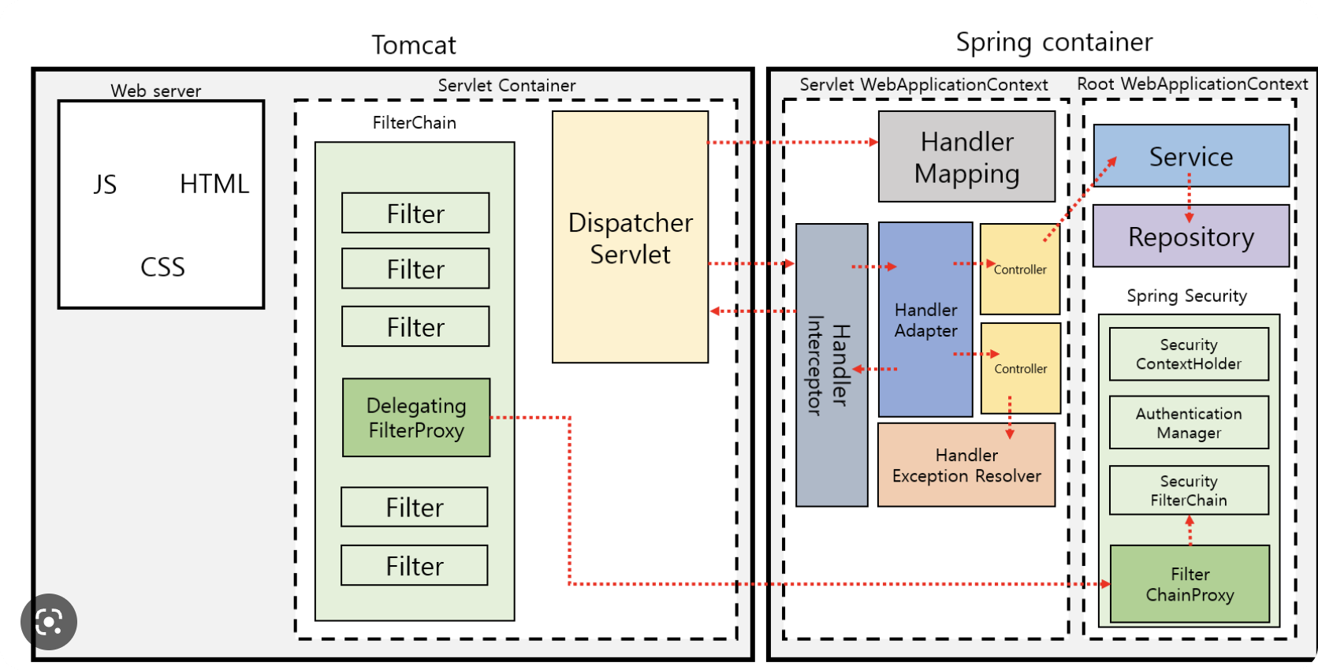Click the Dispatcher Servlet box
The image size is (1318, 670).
tap(630, 237)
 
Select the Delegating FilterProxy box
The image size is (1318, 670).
tap(416, 418)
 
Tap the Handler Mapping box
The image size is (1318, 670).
tap(966, 157)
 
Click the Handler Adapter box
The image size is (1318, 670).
tap(925, 320)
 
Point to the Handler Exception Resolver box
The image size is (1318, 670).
tap(966, 465)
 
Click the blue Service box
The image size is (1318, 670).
tap(1190, 156)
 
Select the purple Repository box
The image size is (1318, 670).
tap(1190, 236)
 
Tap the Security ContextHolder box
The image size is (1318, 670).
tap(1189, 355)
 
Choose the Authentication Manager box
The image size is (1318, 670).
tap(1189, 422)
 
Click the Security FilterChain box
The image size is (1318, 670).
tap(1189, 490)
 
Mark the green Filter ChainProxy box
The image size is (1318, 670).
tap(1190, 584)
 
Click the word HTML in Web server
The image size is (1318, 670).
tap(214, 184)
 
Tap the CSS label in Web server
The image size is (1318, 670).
tap(162, 267)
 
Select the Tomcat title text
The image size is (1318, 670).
tap(414, 45)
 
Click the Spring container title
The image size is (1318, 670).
tap(1054, 42)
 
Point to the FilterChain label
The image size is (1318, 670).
tap(414, 123)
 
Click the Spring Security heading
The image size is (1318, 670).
tap(1186, 296)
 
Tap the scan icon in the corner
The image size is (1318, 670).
tap(49, 622)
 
